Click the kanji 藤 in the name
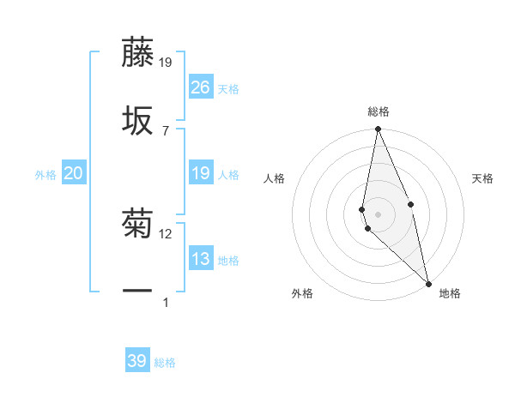137,52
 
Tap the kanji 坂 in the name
137,121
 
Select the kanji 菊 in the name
137,226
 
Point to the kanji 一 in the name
137,292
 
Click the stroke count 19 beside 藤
166,63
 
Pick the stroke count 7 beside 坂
166,130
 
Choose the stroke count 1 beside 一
166,302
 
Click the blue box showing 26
201,87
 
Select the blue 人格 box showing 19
201,174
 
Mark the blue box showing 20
74,174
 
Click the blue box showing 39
137,361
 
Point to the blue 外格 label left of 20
45,175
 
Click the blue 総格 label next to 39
165,363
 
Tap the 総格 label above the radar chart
378,111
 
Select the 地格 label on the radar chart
450,294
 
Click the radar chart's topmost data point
378,130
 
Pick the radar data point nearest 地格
428,283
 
